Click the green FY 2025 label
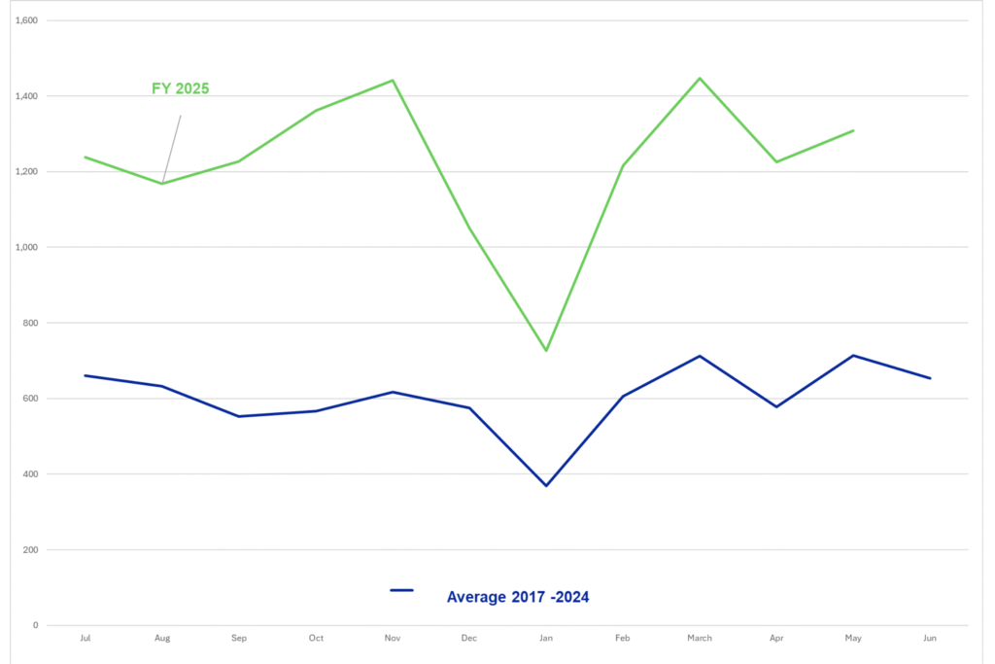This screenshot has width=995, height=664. (x=180, y=88)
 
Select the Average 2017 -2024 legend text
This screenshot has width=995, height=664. (x=518, y=597)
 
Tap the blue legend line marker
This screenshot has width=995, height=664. (x=401, y=590)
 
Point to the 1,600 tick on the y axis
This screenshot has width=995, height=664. (x=26, y=20)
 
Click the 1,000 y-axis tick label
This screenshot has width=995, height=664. (x=26, y=247)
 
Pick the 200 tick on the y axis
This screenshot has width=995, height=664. (x=30, y=549)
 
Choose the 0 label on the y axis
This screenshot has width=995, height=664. (x=36, y=625)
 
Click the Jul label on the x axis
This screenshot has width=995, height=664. (x=86, y=638)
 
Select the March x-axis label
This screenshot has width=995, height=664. (x=700, y=638)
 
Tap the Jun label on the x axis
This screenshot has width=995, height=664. (x=930, y=638)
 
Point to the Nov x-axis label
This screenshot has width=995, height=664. (x=393, y=638)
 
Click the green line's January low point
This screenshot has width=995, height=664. (x=546, y=350)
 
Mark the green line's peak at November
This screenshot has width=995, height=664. (x=393, y=80)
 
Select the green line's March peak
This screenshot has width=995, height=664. (x=700, y=78)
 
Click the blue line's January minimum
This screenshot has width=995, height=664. (x=546, y=486)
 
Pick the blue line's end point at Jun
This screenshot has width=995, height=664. (x=930, y=378)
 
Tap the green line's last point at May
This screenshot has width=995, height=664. (x=853, y=131)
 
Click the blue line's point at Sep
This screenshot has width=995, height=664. (x=239, y=416)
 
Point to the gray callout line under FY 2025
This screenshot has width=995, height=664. (x=171, y=149)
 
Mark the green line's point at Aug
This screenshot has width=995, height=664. (x=162, y=184)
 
